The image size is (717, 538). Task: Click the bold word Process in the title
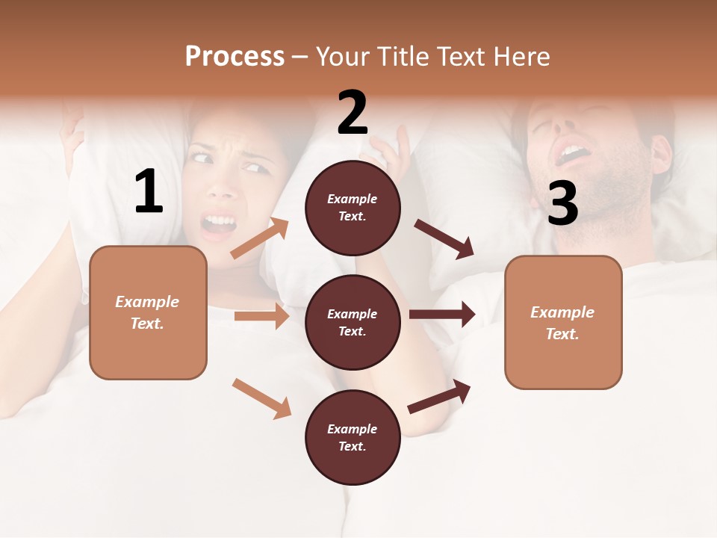pyautogui.click(x=235, y=56)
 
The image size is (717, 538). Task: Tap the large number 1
pyautogui.click(x=148, y=192)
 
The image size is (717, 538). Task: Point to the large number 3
pyautogui.click(x=562, y=204)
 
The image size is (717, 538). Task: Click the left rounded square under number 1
pyautogui.click(x=148, y=312)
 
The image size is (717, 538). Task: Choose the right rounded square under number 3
pyautogui.click(x=563, y=322)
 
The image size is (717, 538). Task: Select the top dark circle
pyautogui.click(x=353, y=207)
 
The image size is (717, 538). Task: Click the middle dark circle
pyautogui.click(x=353, y=322)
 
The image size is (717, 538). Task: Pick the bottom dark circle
pyautogui.click(x=353, y=437)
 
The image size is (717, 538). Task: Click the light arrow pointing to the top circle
pyautogui.click(x=260, y=238)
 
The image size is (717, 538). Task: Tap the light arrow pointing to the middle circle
pyautogui.click(x=261, y=316)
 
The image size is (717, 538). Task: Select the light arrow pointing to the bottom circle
pyautogui.click(x=261, y=398)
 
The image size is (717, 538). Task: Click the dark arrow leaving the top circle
pyautogui.click(x=444, y=238)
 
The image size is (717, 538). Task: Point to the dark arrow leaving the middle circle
pyautogui.click(x=442, y=315)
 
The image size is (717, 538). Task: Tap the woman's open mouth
pyautogui.click(x=218, y=223)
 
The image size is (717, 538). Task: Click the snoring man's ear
pyautogui.click(x=660, y=153)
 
